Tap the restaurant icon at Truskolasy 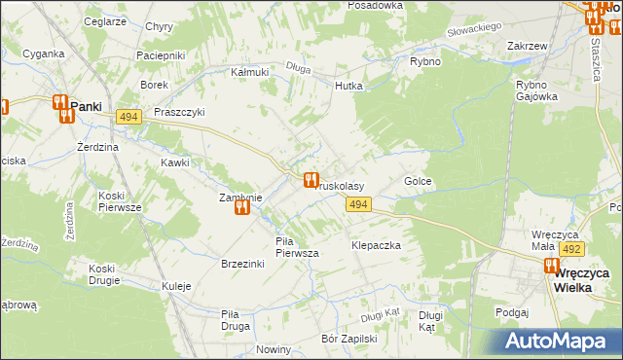pos(311,180)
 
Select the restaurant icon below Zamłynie pos(242,206)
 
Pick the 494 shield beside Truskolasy pos(358,203)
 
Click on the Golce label pos(418,182)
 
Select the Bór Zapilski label pos(348,340)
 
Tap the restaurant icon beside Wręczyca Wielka pos(551,267)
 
